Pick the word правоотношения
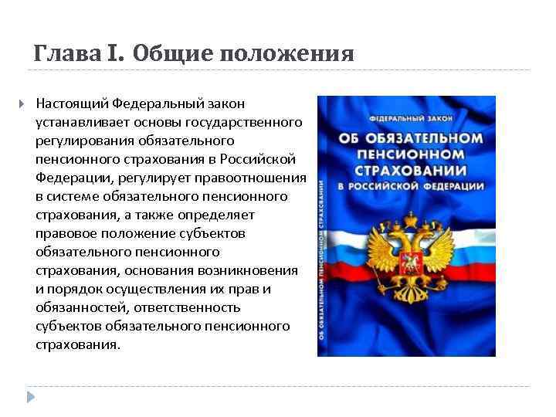pos(259,178)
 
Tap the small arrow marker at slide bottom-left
pos(31,397)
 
